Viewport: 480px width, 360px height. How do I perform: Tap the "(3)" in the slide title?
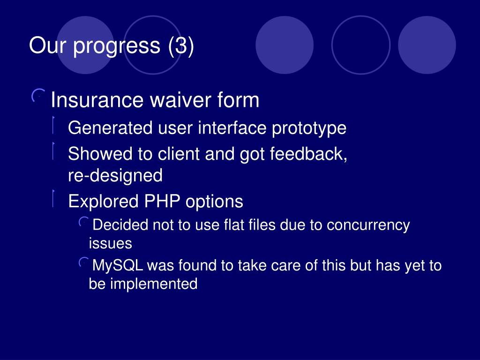pos(181,45)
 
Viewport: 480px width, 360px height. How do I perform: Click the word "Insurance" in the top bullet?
pos(97,100)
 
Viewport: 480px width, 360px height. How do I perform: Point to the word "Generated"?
pos(110,127)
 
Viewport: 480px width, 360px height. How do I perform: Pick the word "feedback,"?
pos(308,154)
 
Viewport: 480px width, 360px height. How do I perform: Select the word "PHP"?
pos(162,202)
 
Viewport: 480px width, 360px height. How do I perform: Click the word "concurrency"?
pos(368,225)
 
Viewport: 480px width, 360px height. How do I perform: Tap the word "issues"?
pos(111,243)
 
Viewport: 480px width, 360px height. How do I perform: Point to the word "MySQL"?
pos(118,265)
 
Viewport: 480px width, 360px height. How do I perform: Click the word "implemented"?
pos(154,284)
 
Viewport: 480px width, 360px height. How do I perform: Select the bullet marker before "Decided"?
pos(83,222)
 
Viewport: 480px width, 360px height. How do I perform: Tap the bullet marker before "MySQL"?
pos(83,262)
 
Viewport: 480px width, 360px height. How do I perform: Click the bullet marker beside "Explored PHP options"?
pos(53,198)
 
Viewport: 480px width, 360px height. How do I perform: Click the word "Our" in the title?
pos(47,45)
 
